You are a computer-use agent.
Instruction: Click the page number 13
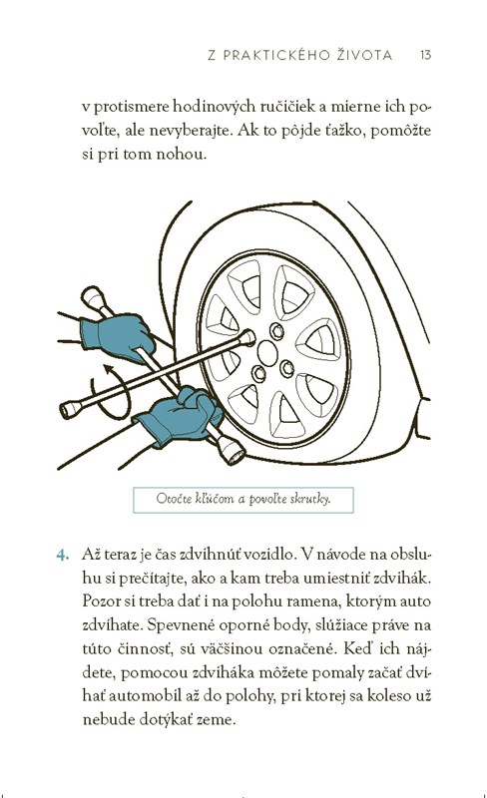pos(426,55)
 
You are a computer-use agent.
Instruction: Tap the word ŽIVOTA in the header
pos(364,55)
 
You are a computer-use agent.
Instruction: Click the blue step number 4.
pos(62,555)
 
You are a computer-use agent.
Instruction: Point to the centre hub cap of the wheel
pos(267,352)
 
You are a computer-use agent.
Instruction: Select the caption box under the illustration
pos(243,500)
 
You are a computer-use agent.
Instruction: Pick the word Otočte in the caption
pos(174,498)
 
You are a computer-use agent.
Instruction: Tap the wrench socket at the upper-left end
pos(93,297)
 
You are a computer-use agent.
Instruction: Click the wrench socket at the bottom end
pos(231,450)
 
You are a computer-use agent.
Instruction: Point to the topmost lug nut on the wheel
pos(276,331)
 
